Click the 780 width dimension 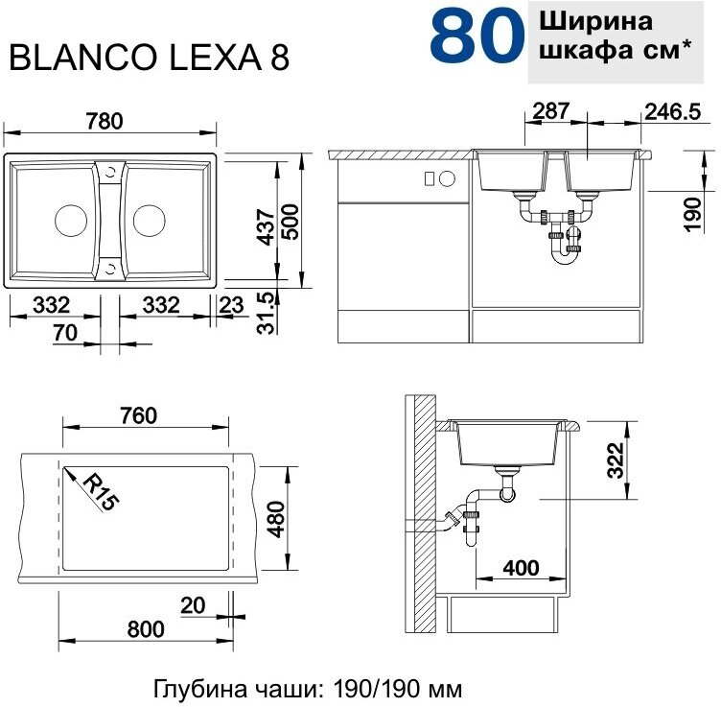tap(105, 121)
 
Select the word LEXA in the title tap(216, 58)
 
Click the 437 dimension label tap(267, 226)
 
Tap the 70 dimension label tap(65, 333)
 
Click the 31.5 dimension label tap(267, 313)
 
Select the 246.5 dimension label tap(673, 112)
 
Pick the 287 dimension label tap(551, 111)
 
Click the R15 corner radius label tap(101, 492)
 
